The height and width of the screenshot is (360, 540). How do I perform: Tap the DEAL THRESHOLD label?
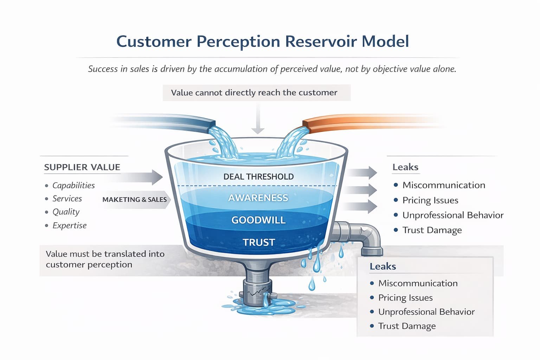pyautogui.click(x=258, y=176)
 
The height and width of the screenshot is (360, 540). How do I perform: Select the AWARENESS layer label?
pyautogui.click(x=258, y=198)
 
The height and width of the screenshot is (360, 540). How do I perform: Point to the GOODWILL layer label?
pyautogui.click(x=258, y=220)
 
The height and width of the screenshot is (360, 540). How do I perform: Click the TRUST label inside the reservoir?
pyautogui.click(x=258, y=242)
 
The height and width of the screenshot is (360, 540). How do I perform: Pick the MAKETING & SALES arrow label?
pyautogui.click(x=135, y=200)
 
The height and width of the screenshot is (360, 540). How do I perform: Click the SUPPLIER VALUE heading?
pyautogui.click(x=82, y=167)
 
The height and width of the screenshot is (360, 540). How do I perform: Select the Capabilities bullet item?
pyautogui.click(x=73, y=185)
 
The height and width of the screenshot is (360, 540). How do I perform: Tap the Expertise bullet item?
pyautogui.click(x=69, y=225)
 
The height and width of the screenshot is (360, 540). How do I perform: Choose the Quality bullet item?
pyautogui.click(x=66, y=212)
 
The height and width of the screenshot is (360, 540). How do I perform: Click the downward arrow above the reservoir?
pyautogui.click(x=258, y=120)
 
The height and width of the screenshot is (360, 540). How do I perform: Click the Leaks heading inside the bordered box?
pyautogui.click(x=382, y=266)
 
